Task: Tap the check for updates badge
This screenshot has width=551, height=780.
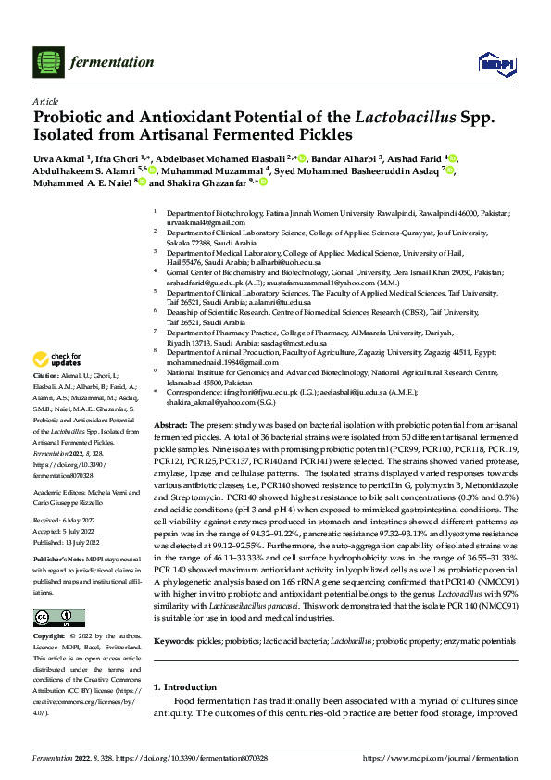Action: click(57, 359)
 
